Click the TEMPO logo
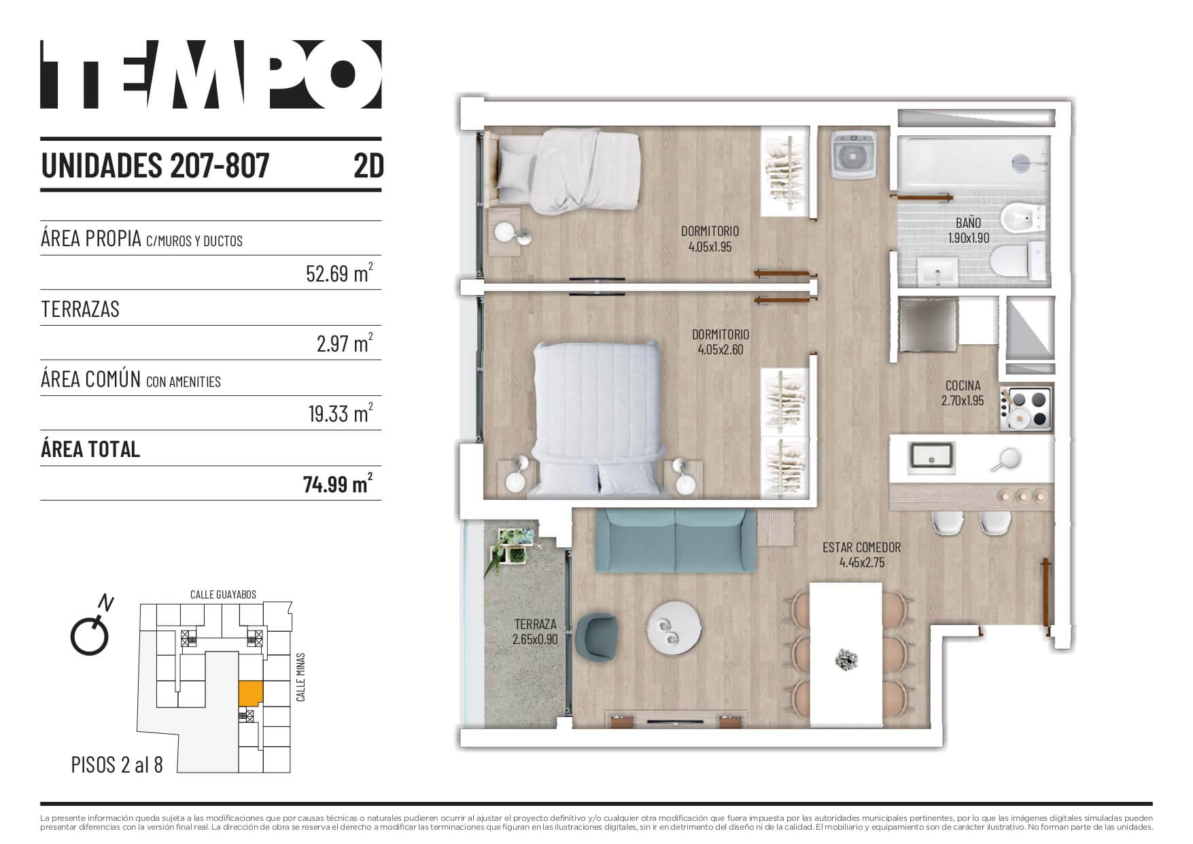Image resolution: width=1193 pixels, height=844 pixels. point(211,74)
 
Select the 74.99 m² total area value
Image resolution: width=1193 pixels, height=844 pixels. point(338,484)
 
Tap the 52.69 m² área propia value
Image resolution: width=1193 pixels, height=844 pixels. point(339,273)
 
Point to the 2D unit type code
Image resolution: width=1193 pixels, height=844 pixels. point(368,165)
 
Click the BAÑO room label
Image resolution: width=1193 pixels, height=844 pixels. point(968,222)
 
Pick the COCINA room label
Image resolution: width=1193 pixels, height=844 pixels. point(963,386)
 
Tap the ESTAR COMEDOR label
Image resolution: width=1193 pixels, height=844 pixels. point(861,547)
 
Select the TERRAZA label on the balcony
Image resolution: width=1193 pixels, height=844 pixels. point(535,624)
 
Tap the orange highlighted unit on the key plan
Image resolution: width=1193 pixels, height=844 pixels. point(250,694)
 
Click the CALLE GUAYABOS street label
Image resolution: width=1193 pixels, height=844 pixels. point(223,594)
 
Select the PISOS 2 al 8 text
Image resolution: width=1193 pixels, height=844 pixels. point(117,764)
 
